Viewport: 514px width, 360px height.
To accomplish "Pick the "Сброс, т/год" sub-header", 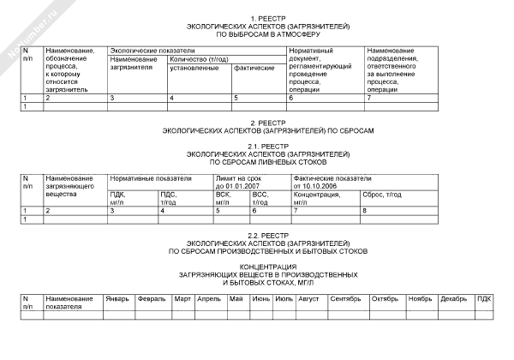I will pos(383,195).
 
